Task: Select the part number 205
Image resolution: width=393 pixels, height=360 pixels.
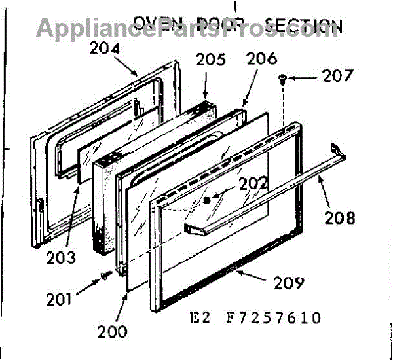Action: [210, 60]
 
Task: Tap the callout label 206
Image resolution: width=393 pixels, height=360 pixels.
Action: [261, 58]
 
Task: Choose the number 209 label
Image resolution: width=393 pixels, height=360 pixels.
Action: [289, 283]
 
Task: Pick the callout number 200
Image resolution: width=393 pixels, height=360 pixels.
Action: [113, 331]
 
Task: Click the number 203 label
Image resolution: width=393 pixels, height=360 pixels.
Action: [61, 256]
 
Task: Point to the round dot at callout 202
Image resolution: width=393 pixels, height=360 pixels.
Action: [208, 200]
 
